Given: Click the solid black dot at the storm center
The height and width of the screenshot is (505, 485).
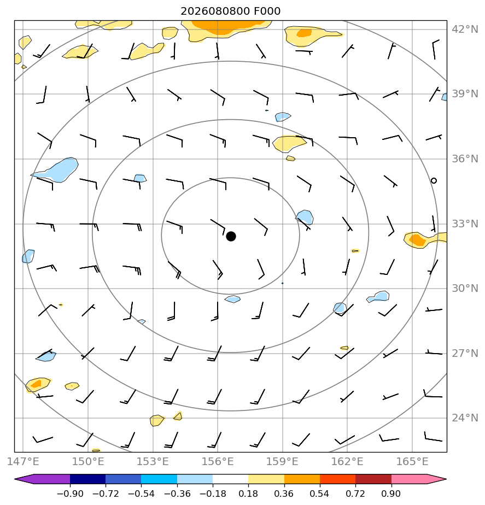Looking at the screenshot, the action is point(231,237).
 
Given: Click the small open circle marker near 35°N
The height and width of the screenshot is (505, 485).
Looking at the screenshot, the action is point(434,181).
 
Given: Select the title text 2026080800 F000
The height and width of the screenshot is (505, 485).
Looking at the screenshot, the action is point(230,11).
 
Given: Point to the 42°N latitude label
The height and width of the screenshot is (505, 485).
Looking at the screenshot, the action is point(465,30).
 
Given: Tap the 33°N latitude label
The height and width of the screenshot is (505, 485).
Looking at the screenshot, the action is point(465,224).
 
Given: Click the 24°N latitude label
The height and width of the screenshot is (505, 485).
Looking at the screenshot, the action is point(465,418).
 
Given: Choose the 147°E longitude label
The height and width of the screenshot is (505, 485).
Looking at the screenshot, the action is point(23,461).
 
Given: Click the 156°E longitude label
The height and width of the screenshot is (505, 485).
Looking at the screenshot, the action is point(218,461).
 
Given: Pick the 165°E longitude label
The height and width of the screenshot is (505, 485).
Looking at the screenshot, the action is point(412,461).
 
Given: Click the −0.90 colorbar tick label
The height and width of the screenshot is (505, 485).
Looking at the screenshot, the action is point(70,494).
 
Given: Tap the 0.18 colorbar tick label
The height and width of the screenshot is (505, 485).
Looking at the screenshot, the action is point(248,494).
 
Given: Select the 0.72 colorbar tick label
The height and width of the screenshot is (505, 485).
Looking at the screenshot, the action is point(355,494).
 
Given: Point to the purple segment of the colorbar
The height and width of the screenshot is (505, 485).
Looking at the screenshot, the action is point(45,479).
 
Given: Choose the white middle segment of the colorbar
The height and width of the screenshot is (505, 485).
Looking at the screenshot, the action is point(230,479).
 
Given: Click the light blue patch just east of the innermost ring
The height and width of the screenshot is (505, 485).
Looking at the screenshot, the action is point(305,218).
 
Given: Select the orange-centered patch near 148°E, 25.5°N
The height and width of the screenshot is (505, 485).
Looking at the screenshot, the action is point(38,385).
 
